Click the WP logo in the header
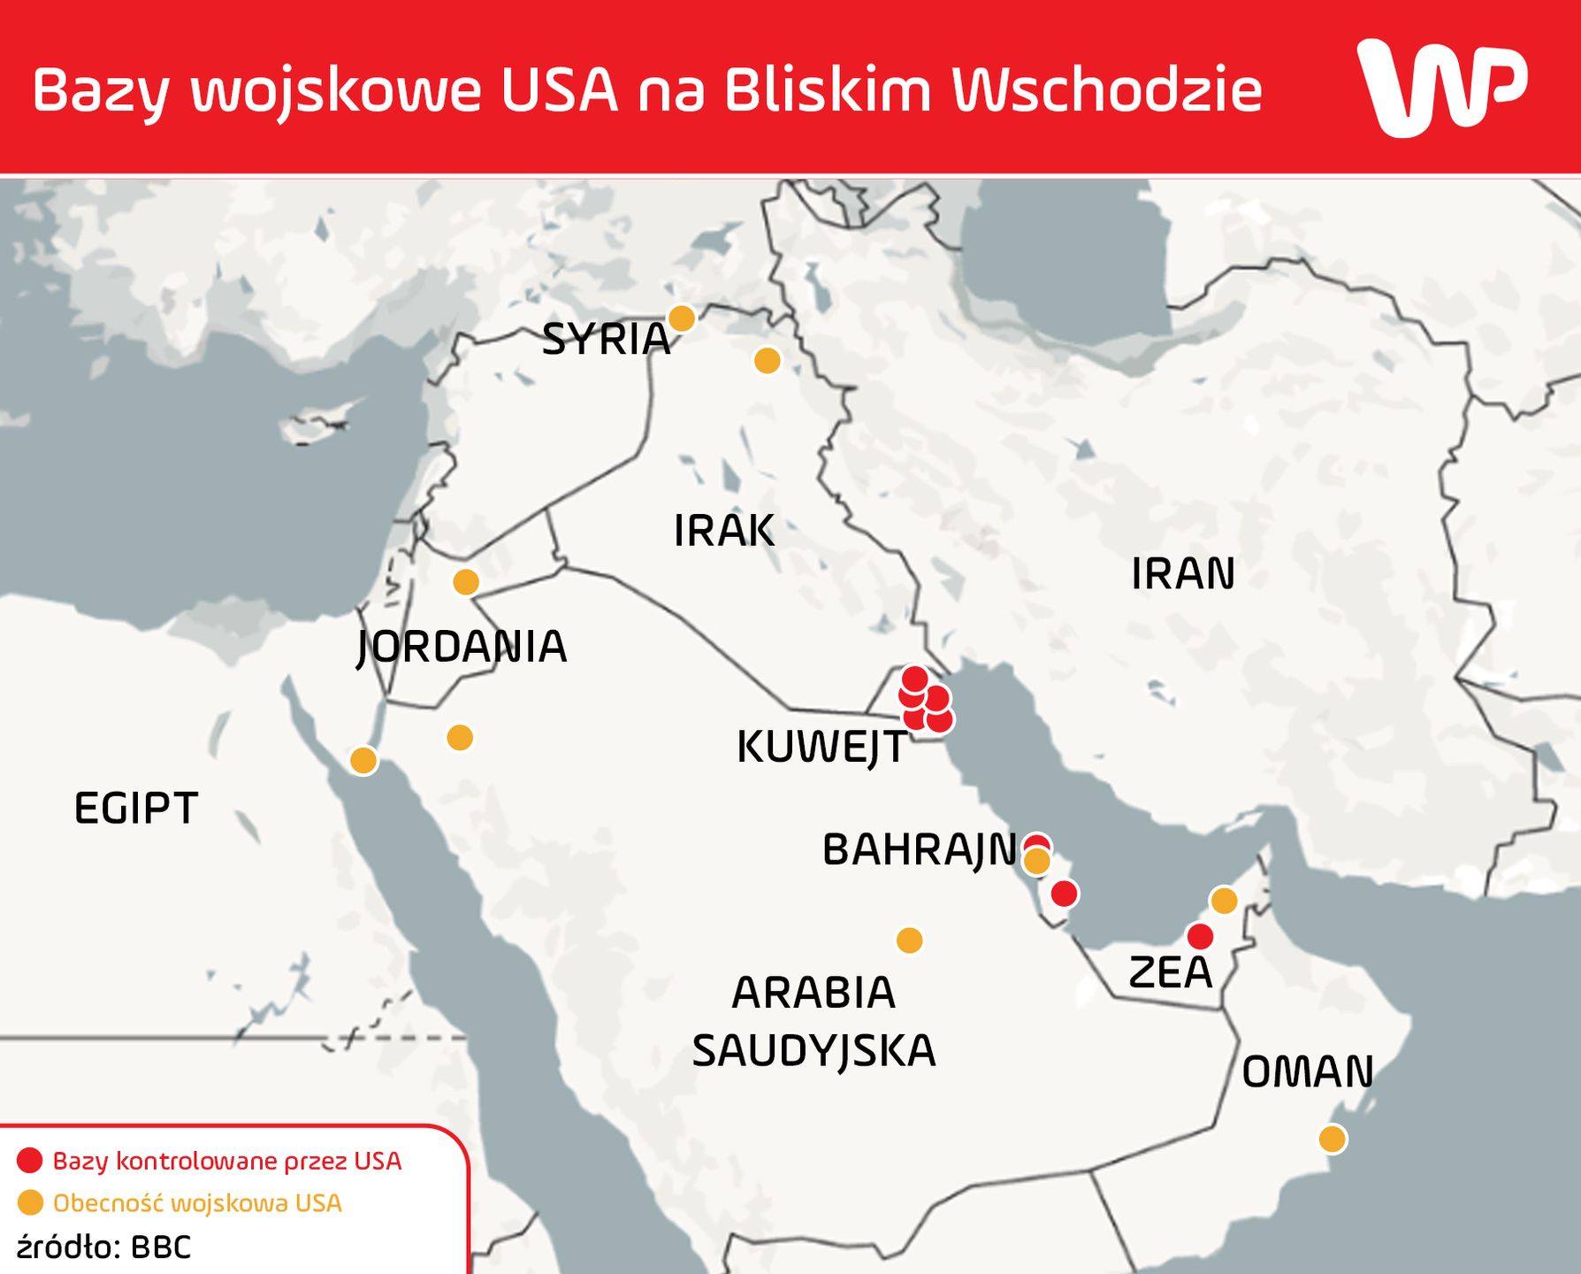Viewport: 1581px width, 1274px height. (1441, 87)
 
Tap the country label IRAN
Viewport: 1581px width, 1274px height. (1183, 573)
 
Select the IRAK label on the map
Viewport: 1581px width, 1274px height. (724, 530)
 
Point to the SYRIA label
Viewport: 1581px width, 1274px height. (606, 339)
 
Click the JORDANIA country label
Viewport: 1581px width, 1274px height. (462, 646)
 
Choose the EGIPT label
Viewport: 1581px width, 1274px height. (136, 808)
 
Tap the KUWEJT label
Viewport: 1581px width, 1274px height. (821, 747)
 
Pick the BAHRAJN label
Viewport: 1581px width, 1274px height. (920, 849)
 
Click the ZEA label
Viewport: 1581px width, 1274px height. (1170, 972)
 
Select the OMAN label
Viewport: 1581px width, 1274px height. (1308, 1071)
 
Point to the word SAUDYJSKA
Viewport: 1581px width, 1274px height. (813, 1051)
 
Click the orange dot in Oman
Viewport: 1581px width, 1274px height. (1333, 1139)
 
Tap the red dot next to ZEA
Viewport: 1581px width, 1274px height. (1200, 936)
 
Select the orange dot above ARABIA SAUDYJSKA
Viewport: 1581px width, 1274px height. (910, 940)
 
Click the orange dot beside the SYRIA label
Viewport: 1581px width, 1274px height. (681, 318)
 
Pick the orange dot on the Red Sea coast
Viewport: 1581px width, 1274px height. (363, 760)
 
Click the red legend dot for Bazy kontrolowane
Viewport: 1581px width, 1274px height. (30, 1161)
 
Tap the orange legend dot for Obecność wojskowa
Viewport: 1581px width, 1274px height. (30, 1203)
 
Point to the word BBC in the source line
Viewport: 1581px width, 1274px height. (161, 1247)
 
